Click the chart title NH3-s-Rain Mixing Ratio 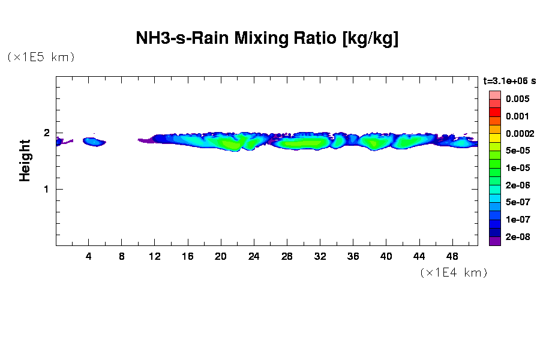(x=268, y=39)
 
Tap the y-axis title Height (x=25, y=160)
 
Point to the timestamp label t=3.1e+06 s (x=509, y=80)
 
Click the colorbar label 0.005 (x=517, y=99)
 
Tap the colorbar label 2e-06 (x=517, y=185)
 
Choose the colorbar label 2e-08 (x=517, y=237)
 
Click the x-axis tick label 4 (x=89, y=257)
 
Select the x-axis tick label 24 (x=254, y=257)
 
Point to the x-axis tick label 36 (x=353, y=257)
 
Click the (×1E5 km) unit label (x=40, y=57)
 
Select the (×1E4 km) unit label (x=453, y=273)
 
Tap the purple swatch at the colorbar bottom (x=494, y=241)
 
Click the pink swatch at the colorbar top (x=494, y=95)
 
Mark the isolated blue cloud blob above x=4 (x=94, y=142)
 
